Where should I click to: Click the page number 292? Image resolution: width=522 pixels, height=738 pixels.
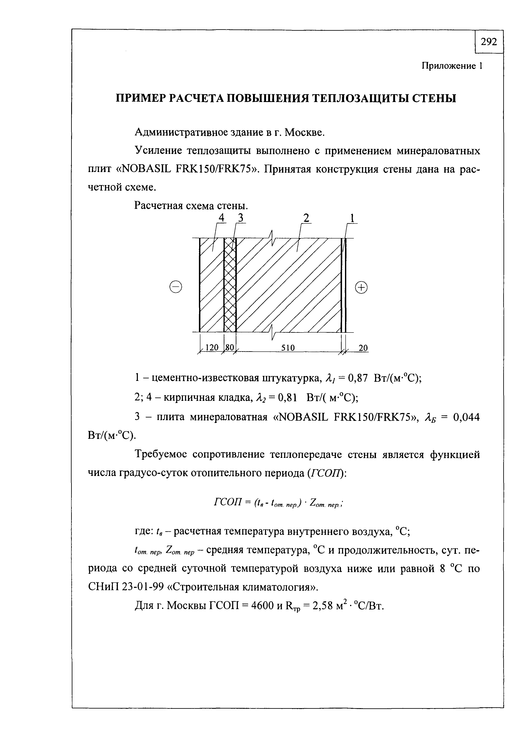click(x=489, y=42)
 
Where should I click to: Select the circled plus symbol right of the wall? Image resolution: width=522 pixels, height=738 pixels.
click(x=361, y=287)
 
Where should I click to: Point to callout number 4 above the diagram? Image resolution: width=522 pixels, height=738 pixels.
click(x=221, y=218)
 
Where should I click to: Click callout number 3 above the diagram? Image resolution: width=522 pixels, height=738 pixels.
click(x=240, y=218)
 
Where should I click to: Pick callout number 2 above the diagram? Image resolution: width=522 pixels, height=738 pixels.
click(x=306, y=218)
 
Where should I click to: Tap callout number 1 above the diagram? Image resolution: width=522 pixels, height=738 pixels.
click(x=352, y=218)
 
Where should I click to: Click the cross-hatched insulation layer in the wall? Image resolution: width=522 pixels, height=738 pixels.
click(x=230, y=286)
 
